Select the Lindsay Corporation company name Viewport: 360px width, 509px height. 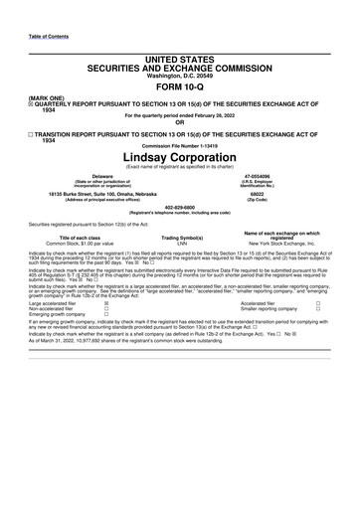pos(179,156)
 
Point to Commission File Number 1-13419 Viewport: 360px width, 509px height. pos(179,146)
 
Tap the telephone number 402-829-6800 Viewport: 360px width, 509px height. pos(179,208)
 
